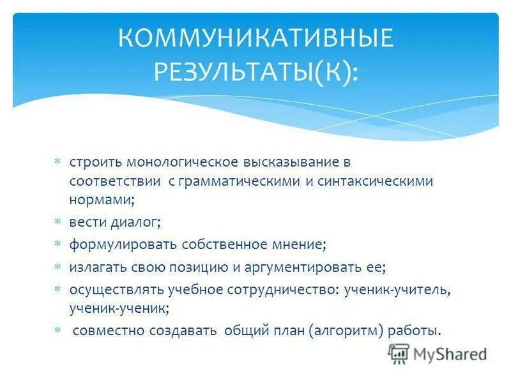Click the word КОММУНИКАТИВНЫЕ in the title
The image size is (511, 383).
pos(256,40)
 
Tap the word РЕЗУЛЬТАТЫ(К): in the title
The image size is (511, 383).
pos(256,72)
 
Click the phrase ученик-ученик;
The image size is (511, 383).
pos(119,307)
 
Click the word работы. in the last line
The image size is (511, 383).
pos(418,331)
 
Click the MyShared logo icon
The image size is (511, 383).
pos(399,353)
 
